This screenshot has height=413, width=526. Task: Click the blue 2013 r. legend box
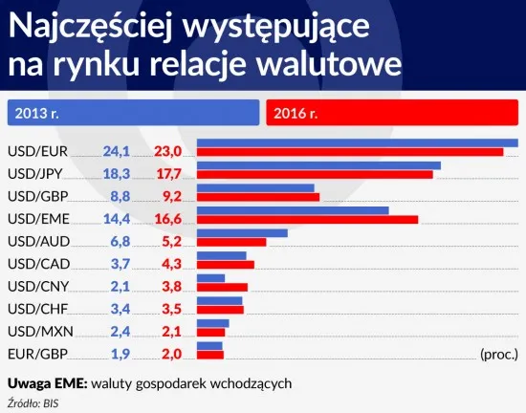tap(133, 113)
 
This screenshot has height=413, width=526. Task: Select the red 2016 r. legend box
tap(393, 113)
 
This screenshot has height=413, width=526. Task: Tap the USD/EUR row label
tap(35, 151)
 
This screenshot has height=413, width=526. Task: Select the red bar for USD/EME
tap(307, 220)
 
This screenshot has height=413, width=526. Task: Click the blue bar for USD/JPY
tap(318, 165)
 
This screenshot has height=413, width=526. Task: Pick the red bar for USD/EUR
tap(350, 152)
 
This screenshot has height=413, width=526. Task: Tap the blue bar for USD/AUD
tap(242, 232)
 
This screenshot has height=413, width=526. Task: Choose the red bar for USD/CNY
tap(222, 287)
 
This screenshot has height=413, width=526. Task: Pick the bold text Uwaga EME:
tap(47, 382)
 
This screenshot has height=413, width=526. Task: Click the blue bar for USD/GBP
tap(255, 187)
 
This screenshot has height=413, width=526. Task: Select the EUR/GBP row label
tap(36, 355)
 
